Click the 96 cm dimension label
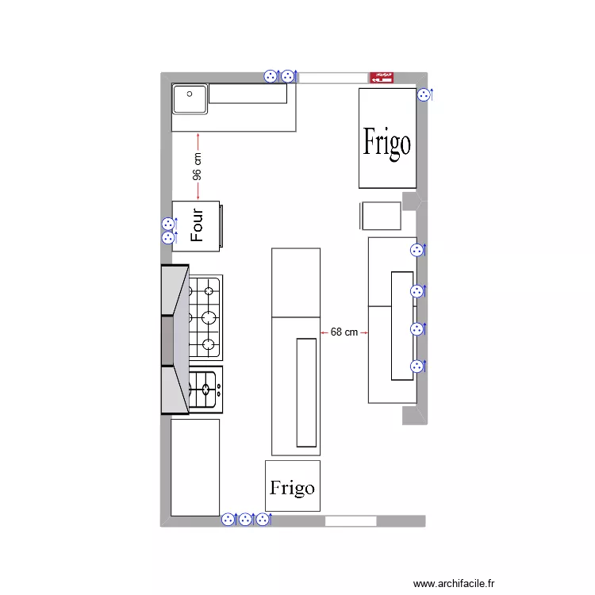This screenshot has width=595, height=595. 198,167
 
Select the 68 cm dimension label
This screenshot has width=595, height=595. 344,332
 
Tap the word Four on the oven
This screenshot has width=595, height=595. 197,225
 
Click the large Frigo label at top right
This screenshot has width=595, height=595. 387,143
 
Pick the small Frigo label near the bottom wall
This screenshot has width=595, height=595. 292,487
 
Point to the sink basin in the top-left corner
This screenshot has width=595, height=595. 190,99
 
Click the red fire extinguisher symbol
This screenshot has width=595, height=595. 382,77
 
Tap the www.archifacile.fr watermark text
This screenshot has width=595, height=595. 455,583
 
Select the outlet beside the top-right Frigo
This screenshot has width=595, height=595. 424,94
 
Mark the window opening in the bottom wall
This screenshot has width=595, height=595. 351,521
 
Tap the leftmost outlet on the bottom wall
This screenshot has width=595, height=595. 228,520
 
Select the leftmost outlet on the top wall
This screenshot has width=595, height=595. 271,76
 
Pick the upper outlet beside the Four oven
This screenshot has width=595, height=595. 167,224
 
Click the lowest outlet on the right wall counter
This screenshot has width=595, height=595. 416,367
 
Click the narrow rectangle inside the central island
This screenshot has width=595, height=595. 307,391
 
